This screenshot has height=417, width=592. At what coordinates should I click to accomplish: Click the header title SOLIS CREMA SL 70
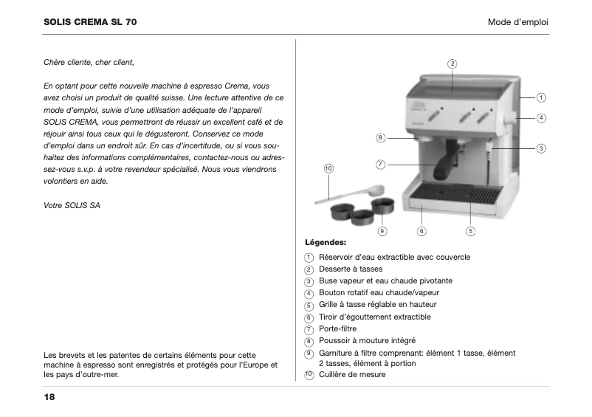(90, 22)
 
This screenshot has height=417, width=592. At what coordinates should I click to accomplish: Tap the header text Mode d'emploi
(517, 22)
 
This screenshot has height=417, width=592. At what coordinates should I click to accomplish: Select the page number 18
(49, 397)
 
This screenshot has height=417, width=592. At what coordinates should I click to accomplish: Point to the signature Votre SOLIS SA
(72, 205)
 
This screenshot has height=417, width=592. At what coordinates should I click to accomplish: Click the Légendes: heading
(326, 242)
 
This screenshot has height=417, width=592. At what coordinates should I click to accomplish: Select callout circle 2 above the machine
(452, 63)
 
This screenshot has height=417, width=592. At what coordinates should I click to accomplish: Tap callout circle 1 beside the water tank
(541, 97)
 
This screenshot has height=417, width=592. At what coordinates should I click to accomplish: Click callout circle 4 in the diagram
(541, 117)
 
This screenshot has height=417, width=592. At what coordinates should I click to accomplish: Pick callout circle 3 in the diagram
(541, 148)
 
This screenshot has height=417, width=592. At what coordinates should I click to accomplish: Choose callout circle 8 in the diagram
(380, 137)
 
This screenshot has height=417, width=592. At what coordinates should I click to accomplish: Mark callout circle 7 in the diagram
(380, 164)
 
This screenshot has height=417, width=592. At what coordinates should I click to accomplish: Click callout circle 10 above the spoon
(328, 169)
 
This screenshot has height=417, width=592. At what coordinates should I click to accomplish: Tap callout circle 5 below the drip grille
(470, 231)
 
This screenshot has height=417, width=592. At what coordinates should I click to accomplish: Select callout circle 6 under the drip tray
(421, 231)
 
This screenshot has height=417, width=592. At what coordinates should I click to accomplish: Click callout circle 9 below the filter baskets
(382, 231)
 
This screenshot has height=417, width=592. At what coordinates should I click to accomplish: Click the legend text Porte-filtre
(338, 328)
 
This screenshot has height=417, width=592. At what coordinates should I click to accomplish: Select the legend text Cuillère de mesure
(352, 374)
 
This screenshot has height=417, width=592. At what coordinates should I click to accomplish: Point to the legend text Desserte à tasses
(351, 269)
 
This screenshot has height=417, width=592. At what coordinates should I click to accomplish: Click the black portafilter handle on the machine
(444, 169)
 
